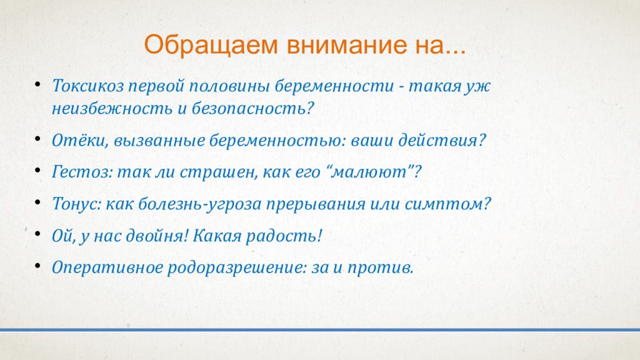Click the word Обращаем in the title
click(211, 45)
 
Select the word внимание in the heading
click(346, 45)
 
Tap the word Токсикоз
click(87, 86)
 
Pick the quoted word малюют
click(370, 172)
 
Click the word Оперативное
click(107, 268)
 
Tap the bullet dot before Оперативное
click(37, 266)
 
